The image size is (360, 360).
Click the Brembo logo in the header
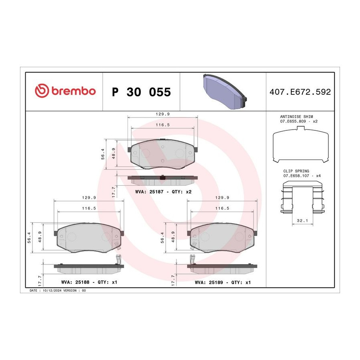click(65, 91)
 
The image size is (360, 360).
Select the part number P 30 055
click(141, 92)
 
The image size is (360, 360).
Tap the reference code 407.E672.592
click(300, 92)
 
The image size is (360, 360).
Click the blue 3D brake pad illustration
click(224, 91)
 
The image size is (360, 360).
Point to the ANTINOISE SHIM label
click(296, 117)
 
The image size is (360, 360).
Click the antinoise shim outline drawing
click(300, 144)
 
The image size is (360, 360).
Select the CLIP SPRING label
click(296, 171)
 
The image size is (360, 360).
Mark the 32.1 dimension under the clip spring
click(302, 221)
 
